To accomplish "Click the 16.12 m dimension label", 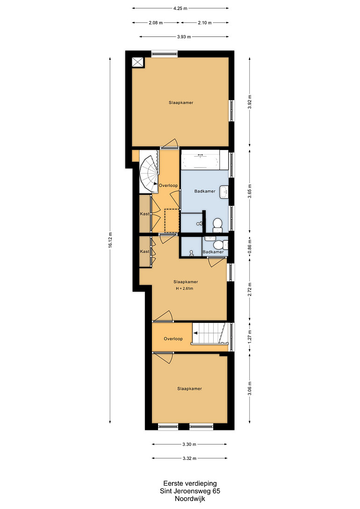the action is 110,240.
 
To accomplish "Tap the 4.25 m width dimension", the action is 180,8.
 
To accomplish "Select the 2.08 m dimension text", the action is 156,23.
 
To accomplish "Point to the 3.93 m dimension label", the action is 184,36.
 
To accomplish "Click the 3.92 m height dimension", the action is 250,102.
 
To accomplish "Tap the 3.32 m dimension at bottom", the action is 189,459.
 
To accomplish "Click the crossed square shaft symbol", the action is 138,62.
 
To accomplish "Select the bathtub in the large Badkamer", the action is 200,160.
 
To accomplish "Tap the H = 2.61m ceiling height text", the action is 184,288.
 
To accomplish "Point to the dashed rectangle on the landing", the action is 172,221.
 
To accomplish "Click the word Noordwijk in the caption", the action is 190,499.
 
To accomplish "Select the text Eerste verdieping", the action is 190,484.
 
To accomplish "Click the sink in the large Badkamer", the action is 224,192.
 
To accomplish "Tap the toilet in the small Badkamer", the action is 223,244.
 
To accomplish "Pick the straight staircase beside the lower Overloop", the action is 210,333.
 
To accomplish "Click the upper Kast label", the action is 144,214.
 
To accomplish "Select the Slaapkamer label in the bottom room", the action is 189,388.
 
